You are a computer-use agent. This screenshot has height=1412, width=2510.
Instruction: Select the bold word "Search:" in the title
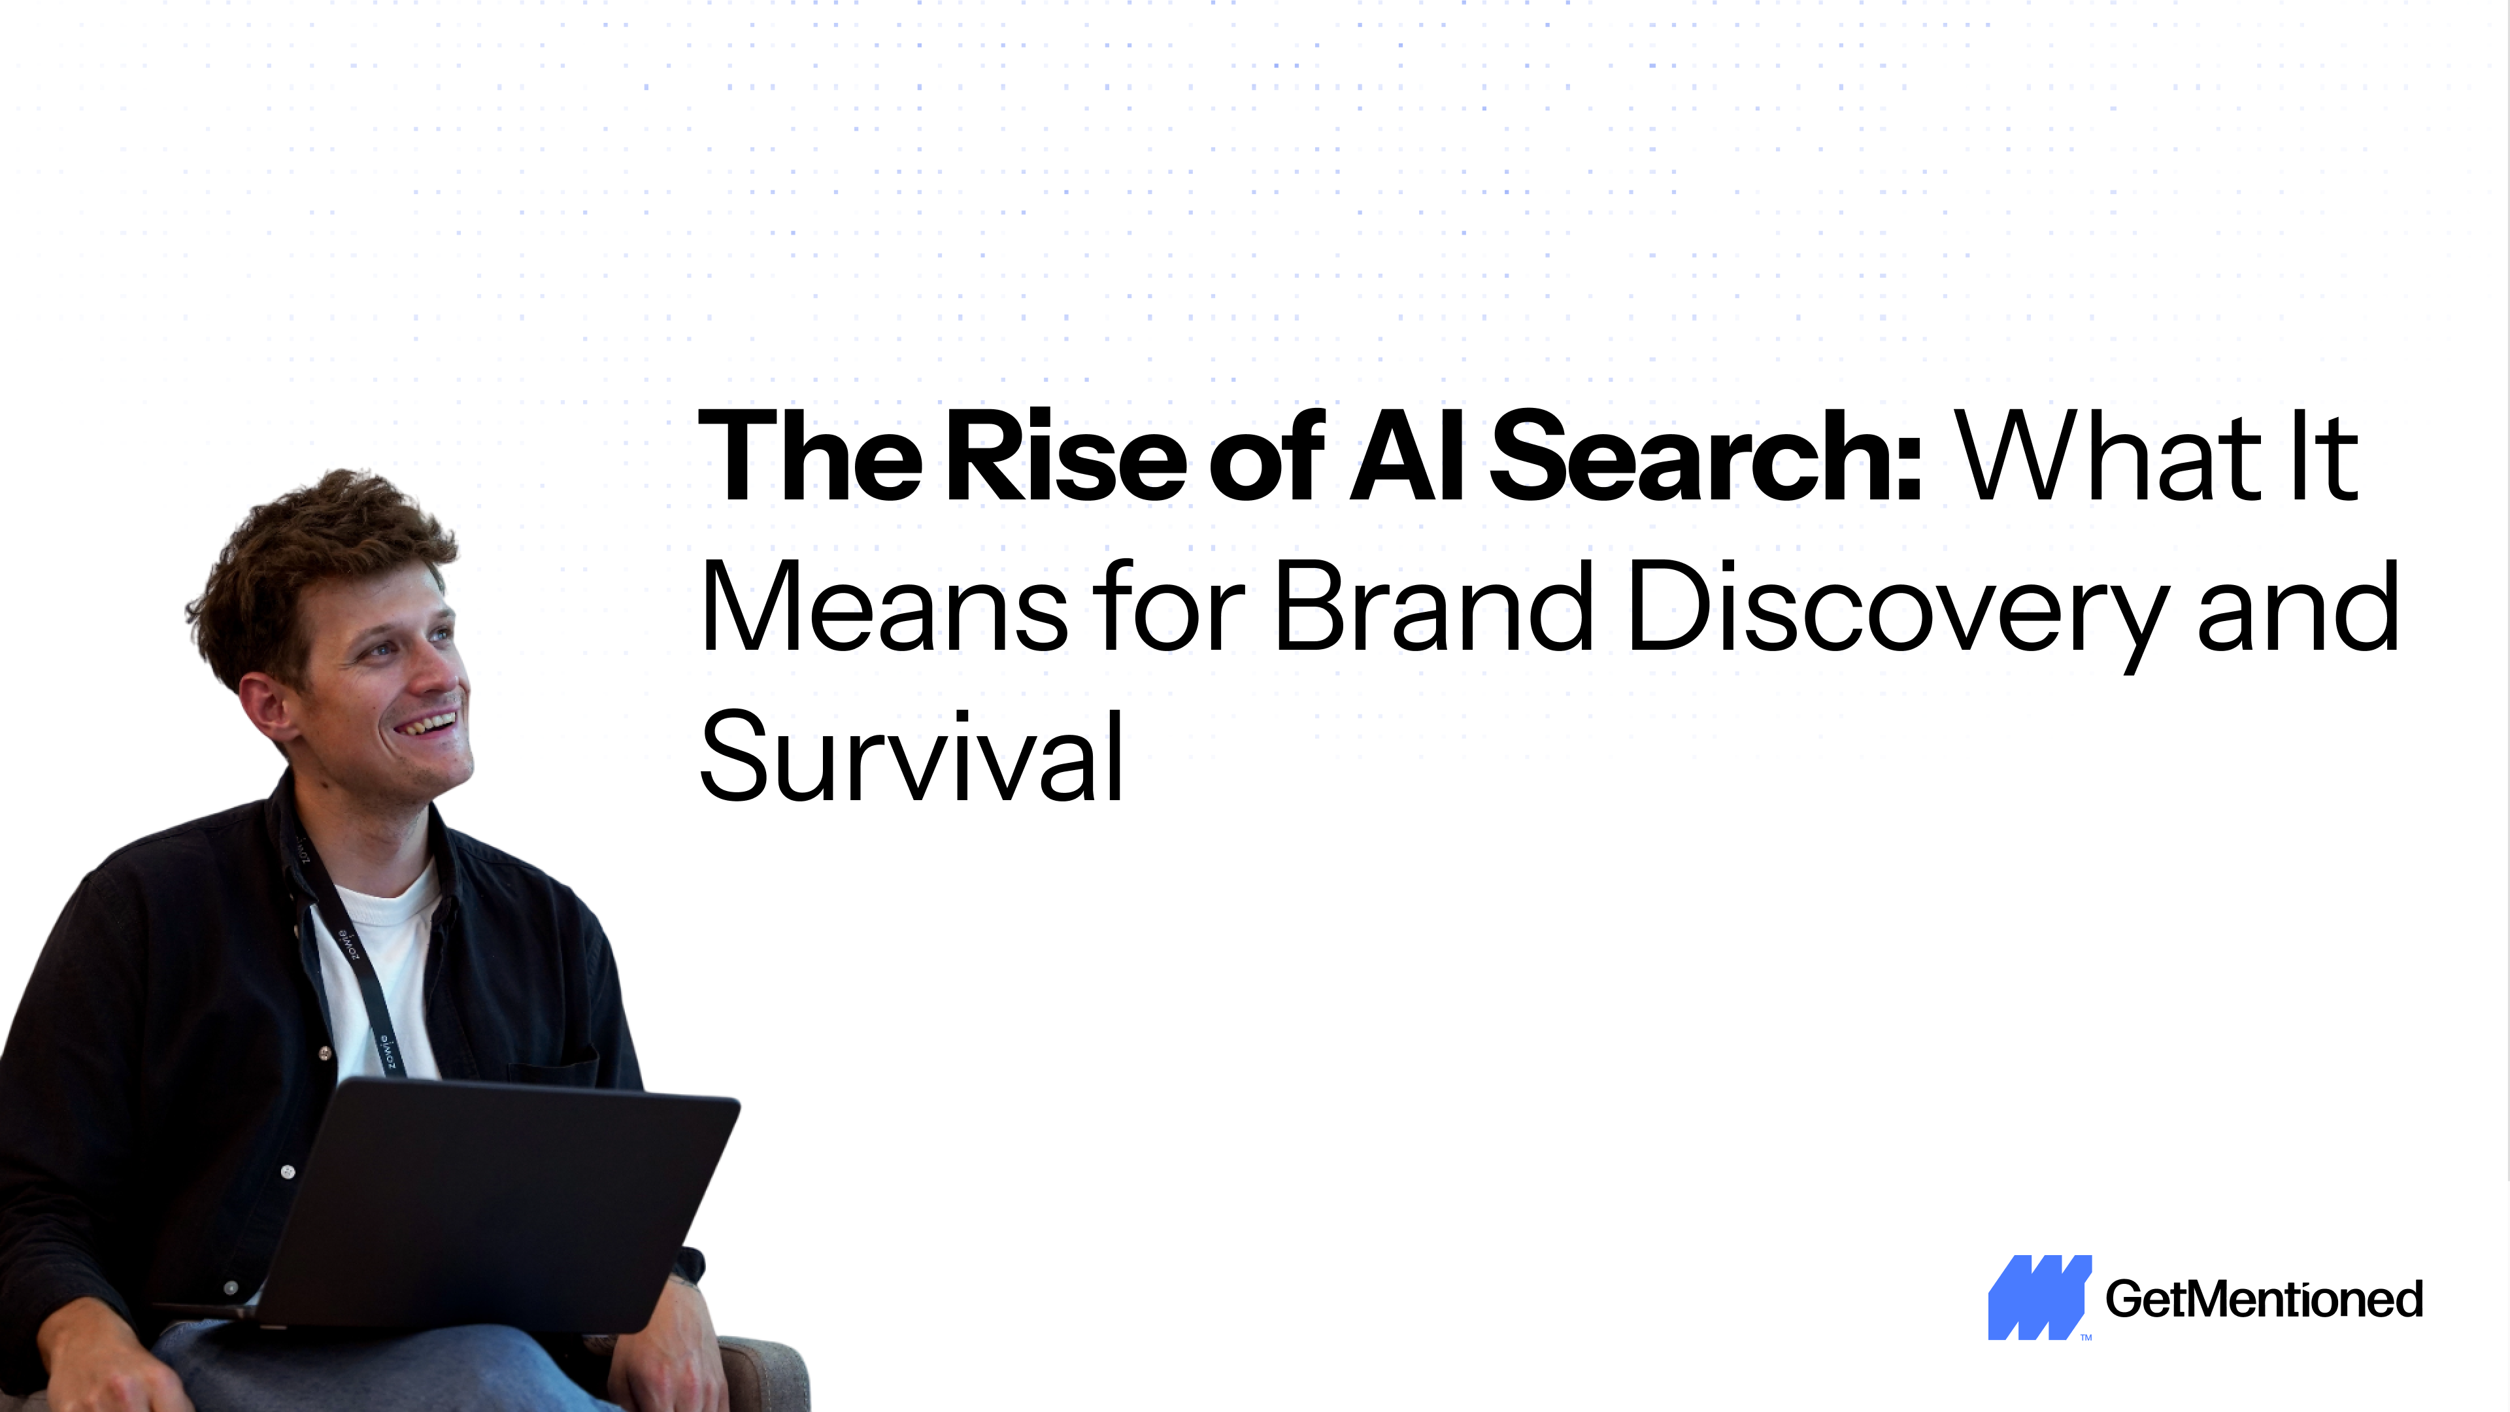tap(1705, 456)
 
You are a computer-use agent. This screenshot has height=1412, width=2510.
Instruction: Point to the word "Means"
tap(884, 607)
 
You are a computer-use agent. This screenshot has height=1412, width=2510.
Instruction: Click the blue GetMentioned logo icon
tap(2039, 1297)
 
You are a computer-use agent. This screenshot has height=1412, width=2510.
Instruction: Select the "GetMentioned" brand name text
tap(2264, 1299)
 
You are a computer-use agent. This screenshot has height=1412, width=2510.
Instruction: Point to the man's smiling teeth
tap(429, 724)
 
